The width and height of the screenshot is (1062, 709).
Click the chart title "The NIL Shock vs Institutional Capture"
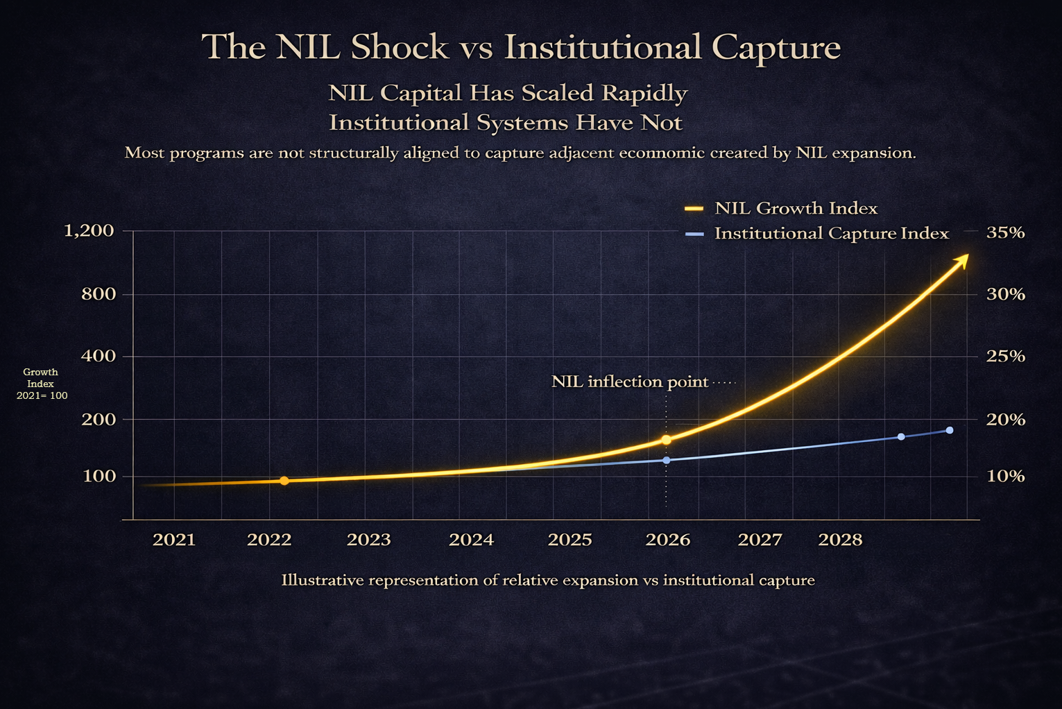click(x=521, y=47)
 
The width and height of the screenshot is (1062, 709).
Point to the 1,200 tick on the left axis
click(x=89, y=230)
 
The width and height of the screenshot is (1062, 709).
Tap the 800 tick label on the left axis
click(x=98, y=294)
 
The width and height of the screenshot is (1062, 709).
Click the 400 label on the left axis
click(x=98, y=357)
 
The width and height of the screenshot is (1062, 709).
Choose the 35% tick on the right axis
click(x=1005, y=232)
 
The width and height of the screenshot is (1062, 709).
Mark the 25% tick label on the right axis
click(x=1005, y=357)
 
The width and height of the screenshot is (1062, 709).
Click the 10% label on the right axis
click(x=1005, y=476)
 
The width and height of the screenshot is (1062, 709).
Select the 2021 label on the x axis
click(x=174, y=540)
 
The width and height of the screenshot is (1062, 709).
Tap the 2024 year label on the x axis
click(x=471, y=540)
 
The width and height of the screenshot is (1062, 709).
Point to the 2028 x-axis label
click(x=840, y=540)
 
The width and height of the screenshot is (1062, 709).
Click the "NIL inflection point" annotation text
click(x=630, y=382)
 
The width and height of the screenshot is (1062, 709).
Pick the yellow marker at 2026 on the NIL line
click(x=667, y=440)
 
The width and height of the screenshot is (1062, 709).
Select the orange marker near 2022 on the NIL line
click(x=284, y=481)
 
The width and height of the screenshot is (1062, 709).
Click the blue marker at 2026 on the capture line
click(x=667, y=460)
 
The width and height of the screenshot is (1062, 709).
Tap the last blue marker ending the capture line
click(x=950, y=430)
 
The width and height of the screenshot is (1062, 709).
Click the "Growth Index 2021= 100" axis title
click(x=42, y=384)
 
